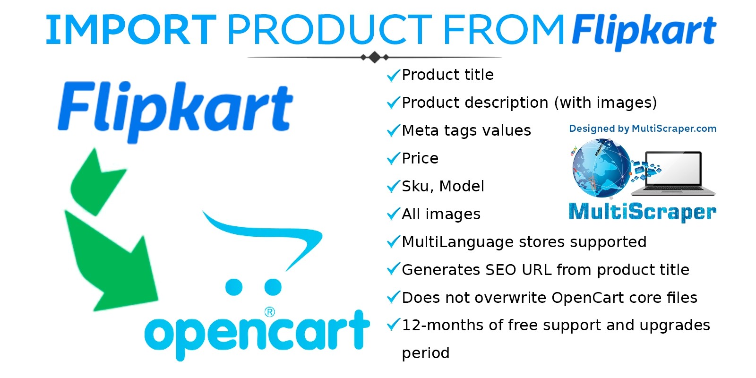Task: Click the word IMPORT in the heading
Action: (x=131, y=30)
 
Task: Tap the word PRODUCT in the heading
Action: (x=330, y=30)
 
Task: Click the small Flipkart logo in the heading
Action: (x=644, y=32)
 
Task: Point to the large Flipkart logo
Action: (x=175, y=112)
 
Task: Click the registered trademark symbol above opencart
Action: (x=269, y=312)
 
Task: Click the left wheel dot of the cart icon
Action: (x=234, y=287)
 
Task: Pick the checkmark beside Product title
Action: (x=393, y=76)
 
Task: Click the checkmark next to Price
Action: (x=393, y=159)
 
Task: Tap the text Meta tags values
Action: (x=466, y=130)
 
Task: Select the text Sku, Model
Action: (x=443, y=186)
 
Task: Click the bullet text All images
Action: (x=441, y=215)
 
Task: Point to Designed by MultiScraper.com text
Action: (x=643, y=129)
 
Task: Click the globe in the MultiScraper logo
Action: (x=602, y=168)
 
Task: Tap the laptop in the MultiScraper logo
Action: (x=674, y=174)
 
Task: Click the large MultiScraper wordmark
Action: (x=642, y=212)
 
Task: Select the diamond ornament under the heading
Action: (x=375, y=57)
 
